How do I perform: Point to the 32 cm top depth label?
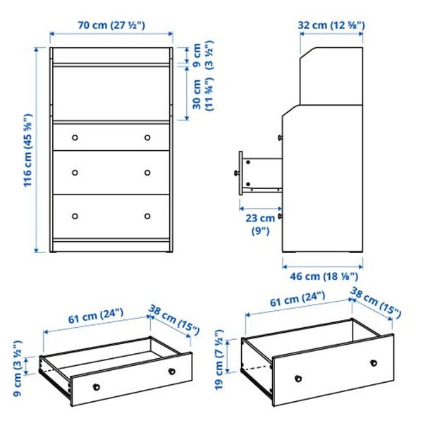[x=331, y=25]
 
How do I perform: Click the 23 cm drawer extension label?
[x=261, y=223]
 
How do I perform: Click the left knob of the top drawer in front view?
[x=76, y=137]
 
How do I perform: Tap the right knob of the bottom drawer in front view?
[x=148, y=216]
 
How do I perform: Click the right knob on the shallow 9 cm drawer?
[x=171, y=371]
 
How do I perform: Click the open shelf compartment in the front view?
[x=112, y=93]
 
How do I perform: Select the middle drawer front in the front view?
[x=112, y=173]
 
